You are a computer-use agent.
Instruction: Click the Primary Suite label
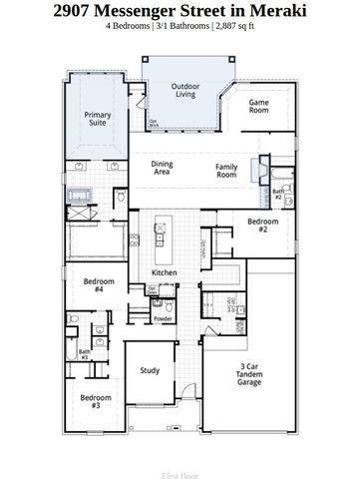click(x=98, y=120)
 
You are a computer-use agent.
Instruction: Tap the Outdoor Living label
click(x=185, y=91)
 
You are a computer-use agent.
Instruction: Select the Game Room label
click(x=259, y=106)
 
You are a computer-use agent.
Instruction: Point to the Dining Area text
click(x=162, y=169)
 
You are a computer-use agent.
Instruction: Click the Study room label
click(x=150, y=371)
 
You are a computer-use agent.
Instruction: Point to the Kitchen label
click(x=165, y=272)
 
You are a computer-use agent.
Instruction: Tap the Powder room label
click(x=163, y=318)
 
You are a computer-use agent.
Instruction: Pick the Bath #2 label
click(x=277, y=196)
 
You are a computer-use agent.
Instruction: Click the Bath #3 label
click(x=84, y=352)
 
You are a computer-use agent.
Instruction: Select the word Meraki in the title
click(x=273, y=11)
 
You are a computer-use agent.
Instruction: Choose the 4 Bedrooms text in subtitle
click(x=129, y=27)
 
